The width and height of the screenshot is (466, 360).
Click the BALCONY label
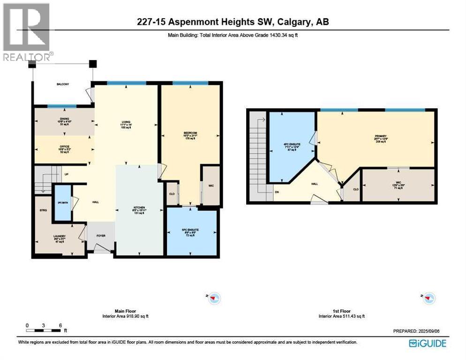63,84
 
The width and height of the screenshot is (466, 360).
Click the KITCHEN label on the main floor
138,207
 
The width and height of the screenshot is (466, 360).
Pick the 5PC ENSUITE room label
191,230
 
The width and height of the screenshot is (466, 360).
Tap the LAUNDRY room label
59,236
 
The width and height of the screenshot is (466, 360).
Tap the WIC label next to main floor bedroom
211,186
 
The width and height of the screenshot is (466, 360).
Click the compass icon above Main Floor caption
214,297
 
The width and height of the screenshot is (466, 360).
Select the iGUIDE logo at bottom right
427,343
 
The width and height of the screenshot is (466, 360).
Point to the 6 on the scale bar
60,324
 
